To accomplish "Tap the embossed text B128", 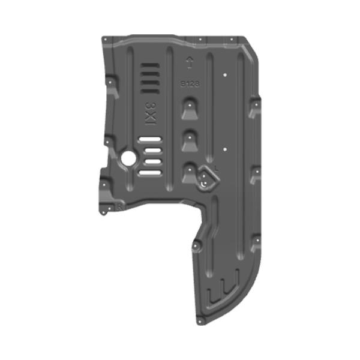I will [x=190, y=85].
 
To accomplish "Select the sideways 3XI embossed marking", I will [x=148, y=112].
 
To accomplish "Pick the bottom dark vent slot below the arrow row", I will [x=148, y=91].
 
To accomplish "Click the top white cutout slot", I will [x=151, y=140].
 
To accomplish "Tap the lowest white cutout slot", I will [x=151, y=173].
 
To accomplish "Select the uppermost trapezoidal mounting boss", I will [x=190, y=108].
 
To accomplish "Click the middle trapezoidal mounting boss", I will [x=190, y=140].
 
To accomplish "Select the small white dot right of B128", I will [x=223, y=75].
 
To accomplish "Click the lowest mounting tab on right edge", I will [x=256, y=242].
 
